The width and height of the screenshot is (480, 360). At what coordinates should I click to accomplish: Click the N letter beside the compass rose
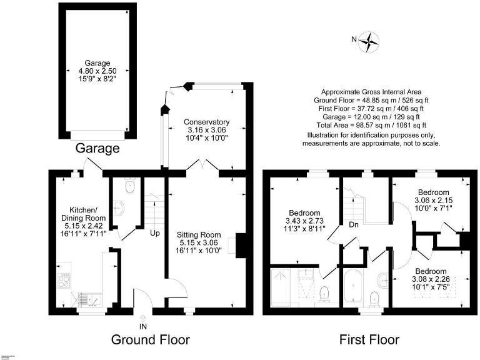tap(354, 41)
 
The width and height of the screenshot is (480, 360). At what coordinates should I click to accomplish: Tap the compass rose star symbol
tap(371, 41)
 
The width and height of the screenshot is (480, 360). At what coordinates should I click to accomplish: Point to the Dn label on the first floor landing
tap(354, 225)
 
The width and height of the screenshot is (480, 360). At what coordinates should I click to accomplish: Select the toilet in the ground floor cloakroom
tap(129, 185)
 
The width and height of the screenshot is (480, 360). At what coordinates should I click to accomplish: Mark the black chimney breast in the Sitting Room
tap(238, 244)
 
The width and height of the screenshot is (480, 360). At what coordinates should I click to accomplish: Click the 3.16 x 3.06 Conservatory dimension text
tap(206, 130)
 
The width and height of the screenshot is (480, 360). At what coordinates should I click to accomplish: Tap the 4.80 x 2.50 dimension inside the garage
tap(97, 71)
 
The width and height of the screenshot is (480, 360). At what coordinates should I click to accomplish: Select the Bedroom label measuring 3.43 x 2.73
tap(304, 212)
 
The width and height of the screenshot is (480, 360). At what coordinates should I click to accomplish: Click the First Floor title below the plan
tap(369, 341)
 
